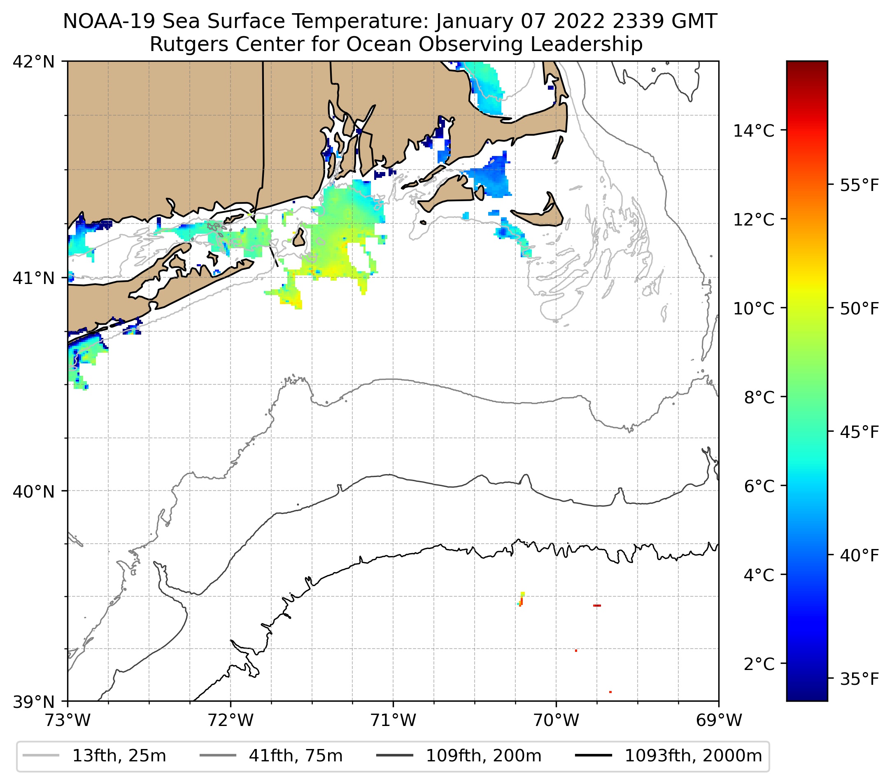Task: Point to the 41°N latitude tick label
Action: [34, 278]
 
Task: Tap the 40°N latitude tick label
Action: [34, 492]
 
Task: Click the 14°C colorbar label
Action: [754, 130]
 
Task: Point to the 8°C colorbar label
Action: [759, 398]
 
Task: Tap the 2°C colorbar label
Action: [759, 664]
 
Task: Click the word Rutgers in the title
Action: [179, 44]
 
